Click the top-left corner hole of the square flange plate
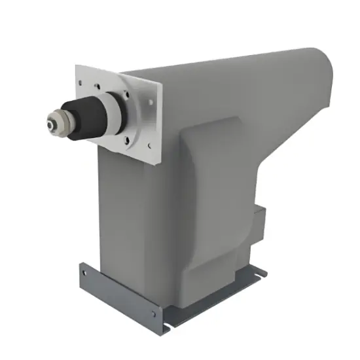(x=81, y=83)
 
